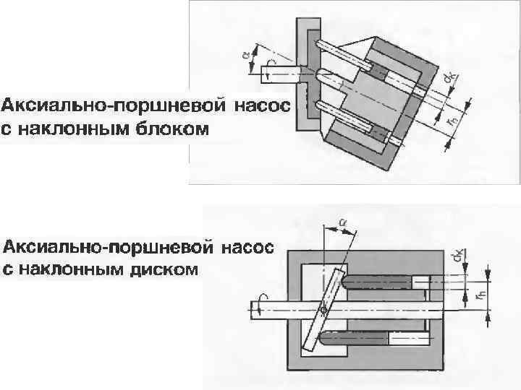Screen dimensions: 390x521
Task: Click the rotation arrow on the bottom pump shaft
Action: point(262,306)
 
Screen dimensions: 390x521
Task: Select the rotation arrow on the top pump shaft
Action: point(268,71)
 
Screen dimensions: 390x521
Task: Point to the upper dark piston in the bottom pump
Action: point(376,280)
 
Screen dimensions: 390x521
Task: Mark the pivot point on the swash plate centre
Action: point(323,308)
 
